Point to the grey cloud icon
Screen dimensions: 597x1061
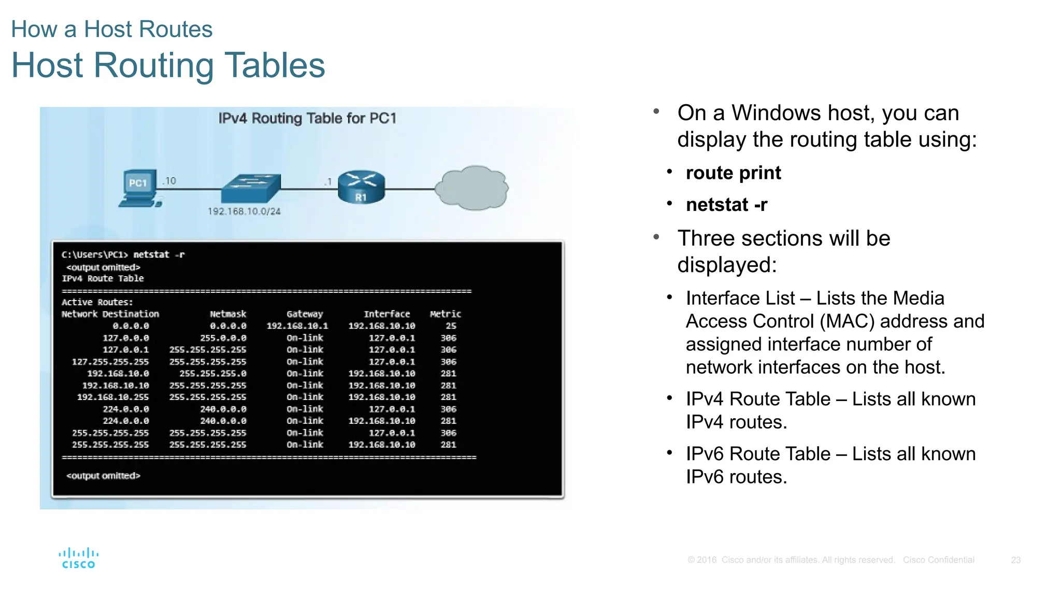click(471, 188)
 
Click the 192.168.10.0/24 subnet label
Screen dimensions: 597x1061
click(244, 211)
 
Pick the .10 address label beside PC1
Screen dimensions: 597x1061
click(169, 181)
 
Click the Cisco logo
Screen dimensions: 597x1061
click(79, 558)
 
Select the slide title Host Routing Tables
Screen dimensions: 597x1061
click(168, 65)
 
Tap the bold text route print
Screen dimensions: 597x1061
click(733, 173)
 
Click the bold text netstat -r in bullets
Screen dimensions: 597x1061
click(726, 205)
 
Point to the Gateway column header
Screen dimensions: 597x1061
click(305, 314)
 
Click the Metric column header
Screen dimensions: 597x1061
click(445, 314)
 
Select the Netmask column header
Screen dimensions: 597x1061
click(228, 314)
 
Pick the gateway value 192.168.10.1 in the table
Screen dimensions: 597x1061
click(297, 326)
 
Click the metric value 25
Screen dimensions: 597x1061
click(451, 326)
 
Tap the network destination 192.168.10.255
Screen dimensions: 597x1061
click(113, 397)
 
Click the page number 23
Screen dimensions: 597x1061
click(1015, 560)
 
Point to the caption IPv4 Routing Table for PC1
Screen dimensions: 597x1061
click(307, 119)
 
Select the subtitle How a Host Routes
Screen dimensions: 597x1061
click(112, 30)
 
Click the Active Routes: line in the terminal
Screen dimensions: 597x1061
click(97, 302)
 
